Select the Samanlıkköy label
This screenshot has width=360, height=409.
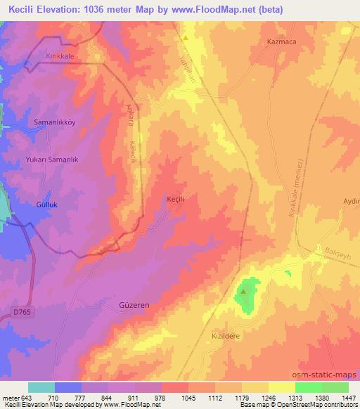coord(55,122)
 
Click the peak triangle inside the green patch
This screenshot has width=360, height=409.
coord(244,290)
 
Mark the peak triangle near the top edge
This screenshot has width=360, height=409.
coord(185,37)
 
